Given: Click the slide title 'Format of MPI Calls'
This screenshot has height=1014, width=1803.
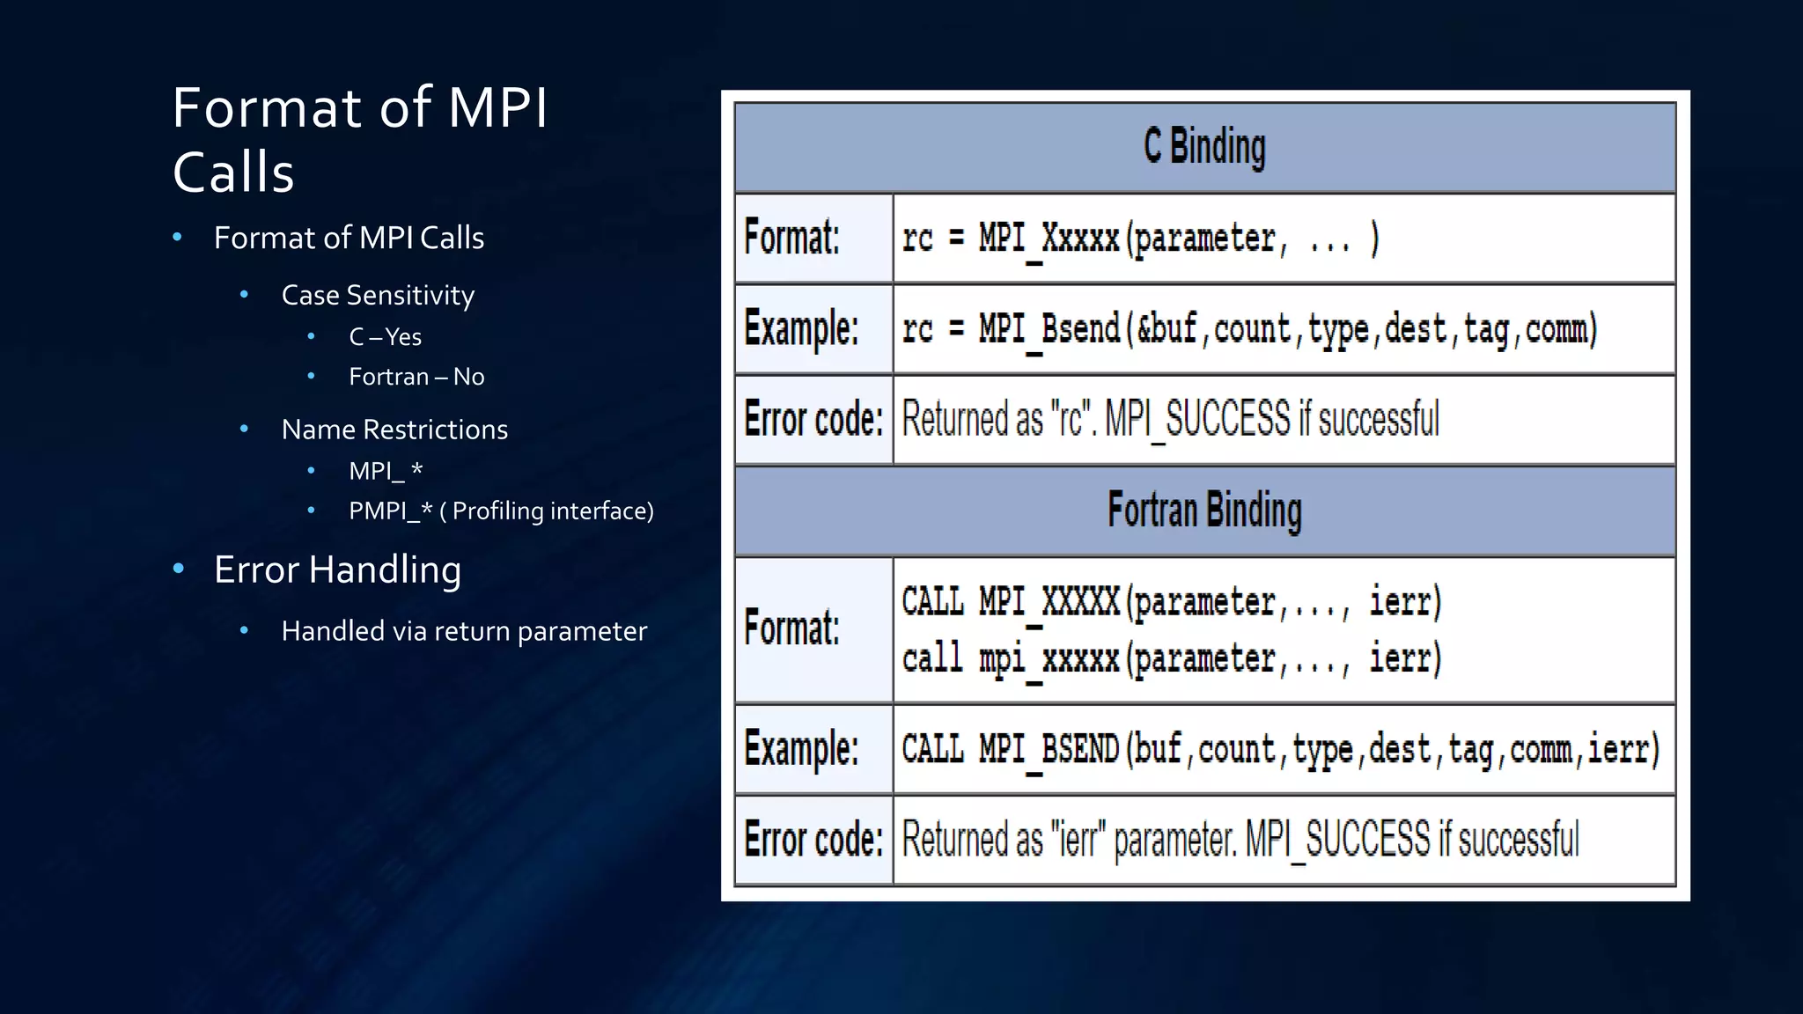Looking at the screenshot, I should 359,139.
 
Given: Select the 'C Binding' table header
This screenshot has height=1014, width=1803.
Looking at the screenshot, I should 1204,147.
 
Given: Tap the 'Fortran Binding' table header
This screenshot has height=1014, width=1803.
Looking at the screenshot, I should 1204,511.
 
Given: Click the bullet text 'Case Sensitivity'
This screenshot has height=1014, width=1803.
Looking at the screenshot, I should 378,295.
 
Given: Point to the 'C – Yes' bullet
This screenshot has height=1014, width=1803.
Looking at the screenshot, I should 385,337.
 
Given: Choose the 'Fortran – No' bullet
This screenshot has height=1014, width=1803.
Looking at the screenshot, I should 416,377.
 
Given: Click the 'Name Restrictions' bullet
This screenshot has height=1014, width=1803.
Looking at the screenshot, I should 394,430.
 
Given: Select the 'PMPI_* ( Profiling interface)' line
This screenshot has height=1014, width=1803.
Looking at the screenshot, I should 501,511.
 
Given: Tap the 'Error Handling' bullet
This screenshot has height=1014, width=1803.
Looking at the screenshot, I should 337,569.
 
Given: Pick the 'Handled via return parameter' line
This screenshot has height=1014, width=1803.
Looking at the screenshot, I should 464,631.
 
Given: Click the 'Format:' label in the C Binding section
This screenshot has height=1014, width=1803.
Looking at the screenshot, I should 791,238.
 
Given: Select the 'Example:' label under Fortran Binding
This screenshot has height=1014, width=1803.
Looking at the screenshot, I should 800,749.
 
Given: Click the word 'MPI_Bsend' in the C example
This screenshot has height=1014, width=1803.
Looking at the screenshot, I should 1049,329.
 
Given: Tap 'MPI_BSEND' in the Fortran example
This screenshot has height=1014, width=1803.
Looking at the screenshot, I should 1049,749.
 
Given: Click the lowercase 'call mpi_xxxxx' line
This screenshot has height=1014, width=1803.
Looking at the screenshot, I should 1011,658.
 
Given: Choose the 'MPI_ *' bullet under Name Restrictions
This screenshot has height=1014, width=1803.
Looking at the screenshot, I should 386,471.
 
